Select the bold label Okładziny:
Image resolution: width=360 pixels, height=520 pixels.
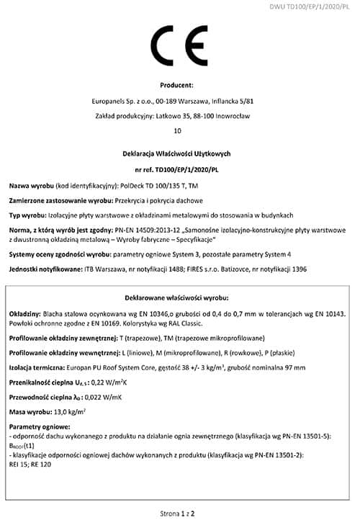pyautogui.click(x=25, y=315)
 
